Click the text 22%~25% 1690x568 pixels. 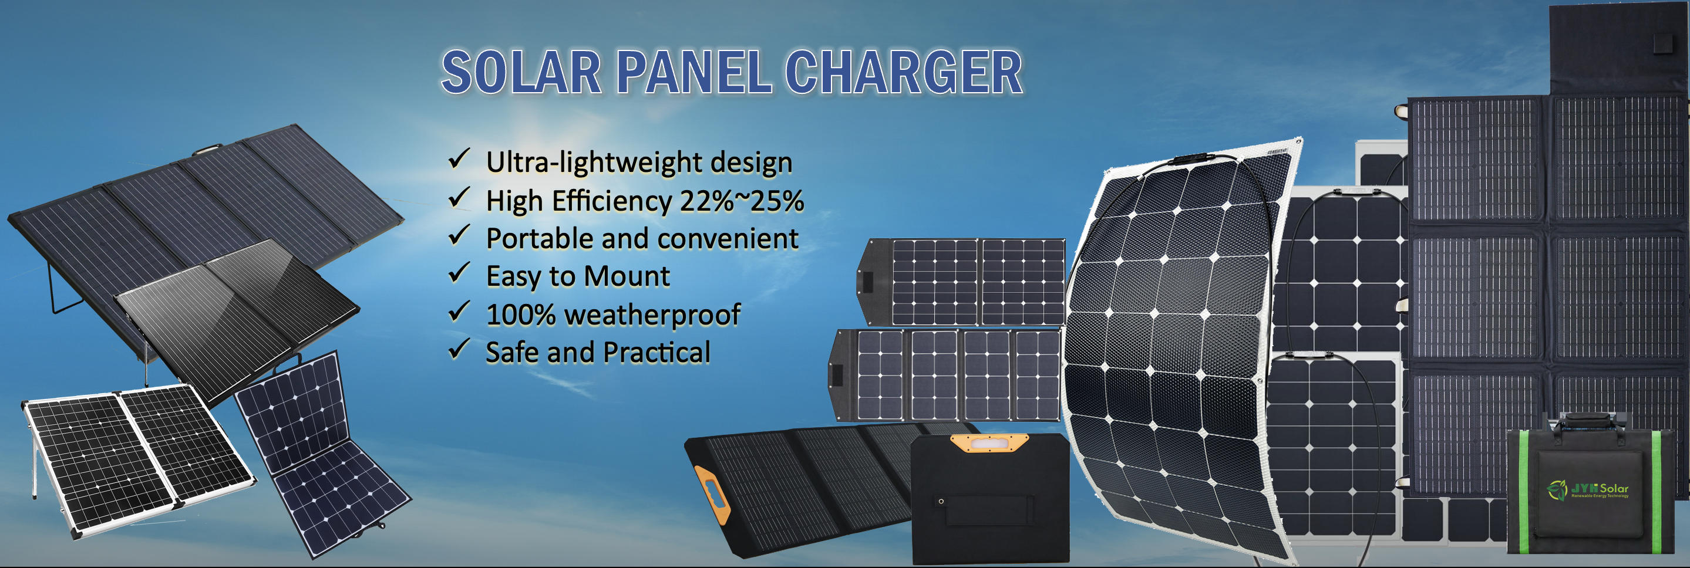pyautogui.click(x=741, y=201)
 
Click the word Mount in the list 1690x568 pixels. pyautogui.click(x=627, y=276)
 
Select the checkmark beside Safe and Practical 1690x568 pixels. pyautogui.click(x=459, y=349)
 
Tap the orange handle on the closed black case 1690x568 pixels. pyautogui.click(x=990, y=443)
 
